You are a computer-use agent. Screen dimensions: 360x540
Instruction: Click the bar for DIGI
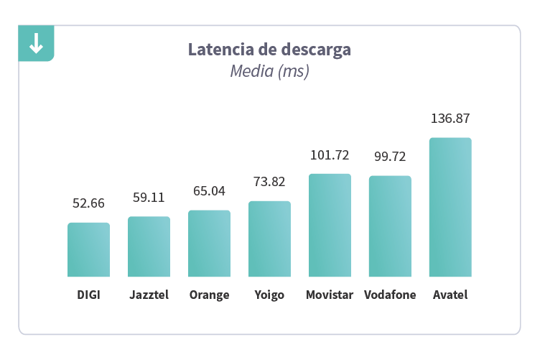88,250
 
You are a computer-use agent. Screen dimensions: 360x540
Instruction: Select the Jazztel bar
149,247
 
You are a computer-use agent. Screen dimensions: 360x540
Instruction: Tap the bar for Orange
209,244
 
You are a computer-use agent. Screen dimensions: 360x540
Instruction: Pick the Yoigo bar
269,239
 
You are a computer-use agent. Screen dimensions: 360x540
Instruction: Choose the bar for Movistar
330,226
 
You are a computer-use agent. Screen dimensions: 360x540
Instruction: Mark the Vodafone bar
390,226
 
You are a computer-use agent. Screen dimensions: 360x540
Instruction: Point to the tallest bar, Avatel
450,207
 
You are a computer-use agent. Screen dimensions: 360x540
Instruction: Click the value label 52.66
88,203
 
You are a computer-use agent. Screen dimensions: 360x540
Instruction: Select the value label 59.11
149,197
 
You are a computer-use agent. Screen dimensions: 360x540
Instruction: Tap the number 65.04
209,191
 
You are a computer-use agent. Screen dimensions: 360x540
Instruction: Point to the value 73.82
269,182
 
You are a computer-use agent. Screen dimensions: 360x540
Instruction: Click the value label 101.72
330,155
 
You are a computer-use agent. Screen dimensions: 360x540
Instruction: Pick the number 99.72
390,157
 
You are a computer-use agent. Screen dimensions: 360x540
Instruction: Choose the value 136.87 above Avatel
450,119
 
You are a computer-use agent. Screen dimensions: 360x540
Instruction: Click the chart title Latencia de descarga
269,50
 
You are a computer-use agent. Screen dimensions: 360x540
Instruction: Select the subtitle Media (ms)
269,71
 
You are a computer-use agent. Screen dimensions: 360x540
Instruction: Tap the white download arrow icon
36,45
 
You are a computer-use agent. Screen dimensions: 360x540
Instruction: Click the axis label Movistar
330,295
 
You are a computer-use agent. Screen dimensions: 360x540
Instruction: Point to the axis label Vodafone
390,295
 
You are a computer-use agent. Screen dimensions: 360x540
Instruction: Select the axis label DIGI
88,295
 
